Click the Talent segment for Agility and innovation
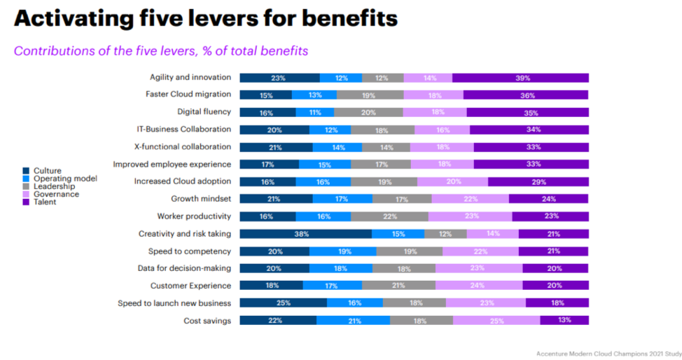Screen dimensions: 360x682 520,78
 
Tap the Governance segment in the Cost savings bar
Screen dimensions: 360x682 496,320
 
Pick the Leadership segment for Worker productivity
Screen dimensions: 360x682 389,216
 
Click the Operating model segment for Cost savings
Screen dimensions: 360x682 353,320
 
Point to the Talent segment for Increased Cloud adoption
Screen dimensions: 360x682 538,181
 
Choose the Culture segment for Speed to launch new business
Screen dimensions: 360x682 283,303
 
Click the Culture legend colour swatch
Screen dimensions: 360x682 26,171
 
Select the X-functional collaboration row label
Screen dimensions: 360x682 182,147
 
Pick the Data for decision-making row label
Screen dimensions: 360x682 184,268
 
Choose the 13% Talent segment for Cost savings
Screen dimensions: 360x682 564,320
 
